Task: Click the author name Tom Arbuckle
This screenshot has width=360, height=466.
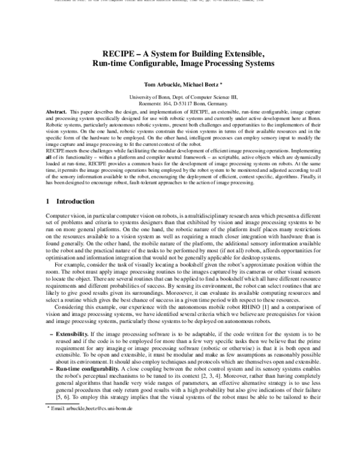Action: (158, 84)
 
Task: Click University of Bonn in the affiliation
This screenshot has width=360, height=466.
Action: (151, 97)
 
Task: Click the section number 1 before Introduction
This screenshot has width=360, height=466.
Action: (48, 201)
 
